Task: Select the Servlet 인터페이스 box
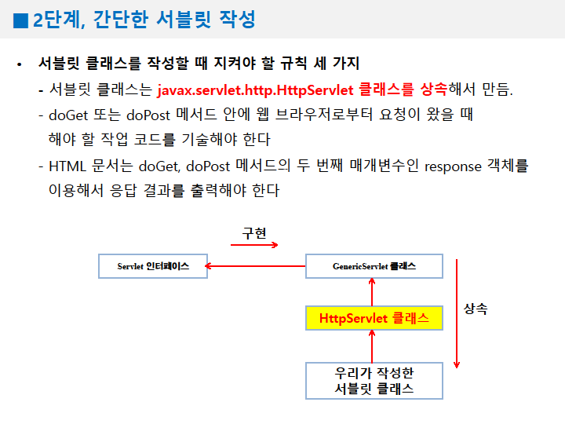(153, 266)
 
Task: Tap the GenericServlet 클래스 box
(374, 266)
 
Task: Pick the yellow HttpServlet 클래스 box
(374, 318)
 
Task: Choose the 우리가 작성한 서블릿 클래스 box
(374, 380)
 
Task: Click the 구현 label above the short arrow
(254, 233)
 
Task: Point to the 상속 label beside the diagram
(476, 309)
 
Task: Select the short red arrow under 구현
(254, 245)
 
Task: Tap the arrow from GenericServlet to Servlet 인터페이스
(255, 267)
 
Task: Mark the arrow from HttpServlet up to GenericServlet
(374, 292)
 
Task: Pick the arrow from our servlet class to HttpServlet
(374, 345)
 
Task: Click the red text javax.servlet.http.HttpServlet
(256, 89)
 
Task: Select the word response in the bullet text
(457, 166)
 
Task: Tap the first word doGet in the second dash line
(66, 115)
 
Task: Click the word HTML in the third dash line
(67, 166)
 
